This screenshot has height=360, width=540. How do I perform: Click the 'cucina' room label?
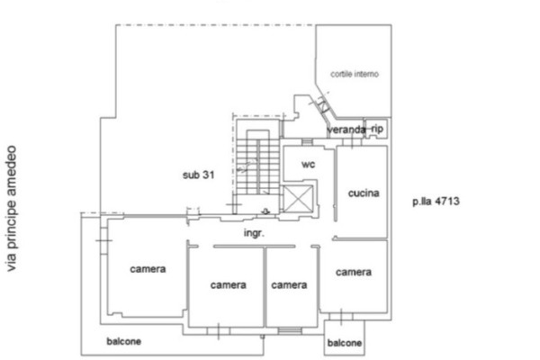[x=364, y=193]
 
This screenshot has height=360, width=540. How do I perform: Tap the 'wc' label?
[x=308, y=165]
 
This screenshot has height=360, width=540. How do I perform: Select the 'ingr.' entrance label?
[x=254, y=233]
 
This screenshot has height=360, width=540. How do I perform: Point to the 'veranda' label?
[x=346, y=130]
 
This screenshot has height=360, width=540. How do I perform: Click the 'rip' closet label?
[x=377, y=129]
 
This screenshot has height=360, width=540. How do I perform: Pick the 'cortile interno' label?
[x=355, y=74]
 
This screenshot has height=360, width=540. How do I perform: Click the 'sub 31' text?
[x=198, y=175]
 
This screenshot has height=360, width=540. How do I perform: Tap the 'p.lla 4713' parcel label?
[x=436, y=202]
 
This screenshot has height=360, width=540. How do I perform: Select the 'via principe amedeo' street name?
[x=12, y=209]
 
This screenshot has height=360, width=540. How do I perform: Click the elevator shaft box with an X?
[x=298, y=199]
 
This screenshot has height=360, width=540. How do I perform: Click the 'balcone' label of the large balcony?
[x=124, y=341]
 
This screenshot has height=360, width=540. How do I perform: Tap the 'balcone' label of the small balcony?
[x=345, y=343]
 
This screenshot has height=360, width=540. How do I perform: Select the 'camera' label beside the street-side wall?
[x=148, y=269]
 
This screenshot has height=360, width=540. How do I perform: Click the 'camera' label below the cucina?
[x=354, y=273]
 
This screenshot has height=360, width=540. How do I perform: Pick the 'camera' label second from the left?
[x=229, y=285]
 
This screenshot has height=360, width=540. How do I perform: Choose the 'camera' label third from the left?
[x=289, y=285]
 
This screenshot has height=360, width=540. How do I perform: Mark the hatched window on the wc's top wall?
[x=307, y=141]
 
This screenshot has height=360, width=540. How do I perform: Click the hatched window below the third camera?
[x=290, y=330]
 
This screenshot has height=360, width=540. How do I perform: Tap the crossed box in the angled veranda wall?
[x=324, y=107]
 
